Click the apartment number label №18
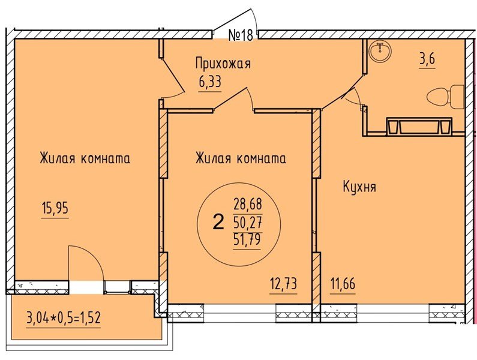241,35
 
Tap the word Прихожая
222,63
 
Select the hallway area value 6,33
210,82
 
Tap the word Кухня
359,187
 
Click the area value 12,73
283,283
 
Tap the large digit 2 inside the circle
218,223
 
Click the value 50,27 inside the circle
248,224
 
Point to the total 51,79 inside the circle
248,241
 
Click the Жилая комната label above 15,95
85,159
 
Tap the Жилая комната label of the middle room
240,159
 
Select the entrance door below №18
237,21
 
